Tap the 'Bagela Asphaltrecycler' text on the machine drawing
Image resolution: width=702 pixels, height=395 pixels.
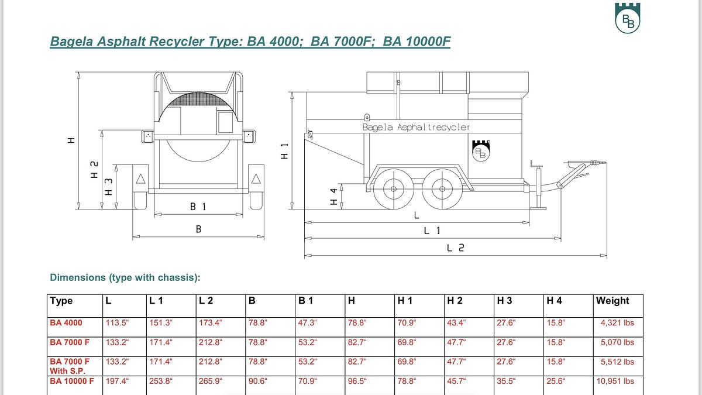click(416, 127)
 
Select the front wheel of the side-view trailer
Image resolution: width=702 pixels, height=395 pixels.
click(393, 189)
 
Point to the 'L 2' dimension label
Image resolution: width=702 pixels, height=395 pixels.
click(456, 248)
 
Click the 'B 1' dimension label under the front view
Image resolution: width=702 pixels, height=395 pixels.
click(198, 207)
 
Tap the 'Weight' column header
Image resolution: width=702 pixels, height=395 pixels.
click(612, 301)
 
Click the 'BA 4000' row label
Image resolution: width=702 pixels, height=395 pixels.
click(66, 323)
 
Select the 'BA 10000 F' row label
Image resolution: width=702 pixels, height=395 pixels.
click(72, 381)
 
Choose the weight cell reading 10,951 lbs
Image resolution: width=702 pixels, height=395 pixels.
click(615, 381)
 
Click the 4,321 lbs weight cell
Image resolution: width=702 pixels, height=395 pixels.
click(617, 323)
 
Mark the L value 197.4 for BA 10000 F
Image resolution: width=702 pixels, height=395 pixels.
click(116, 381)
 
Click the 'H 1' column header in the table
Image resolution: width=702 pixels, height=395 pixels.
click(405, 301)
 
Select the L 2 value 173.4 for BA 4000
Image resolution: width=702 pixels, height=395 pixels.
click(211, 323)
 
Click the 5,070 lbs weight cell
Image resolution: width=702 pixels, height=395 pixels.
click(617, 342)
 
